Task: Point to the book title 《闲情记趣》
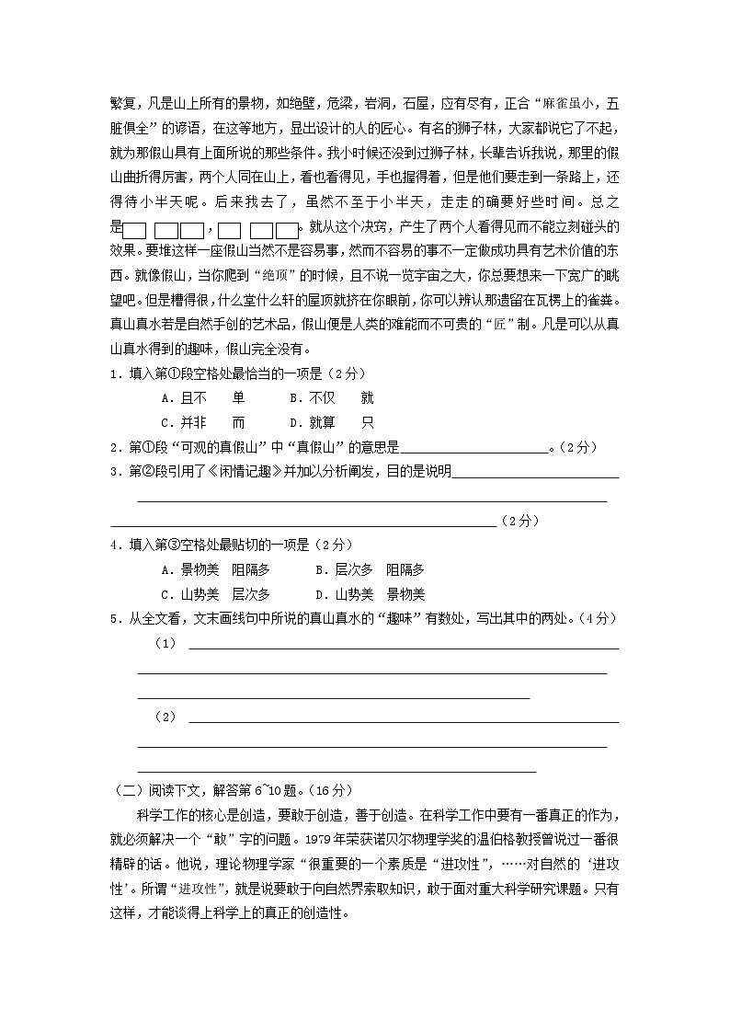click(x=232, y=472)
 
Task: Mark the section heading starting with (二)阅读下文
click(x=230, y=789)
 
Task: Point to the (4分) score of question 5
click(x=600, y=619)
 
